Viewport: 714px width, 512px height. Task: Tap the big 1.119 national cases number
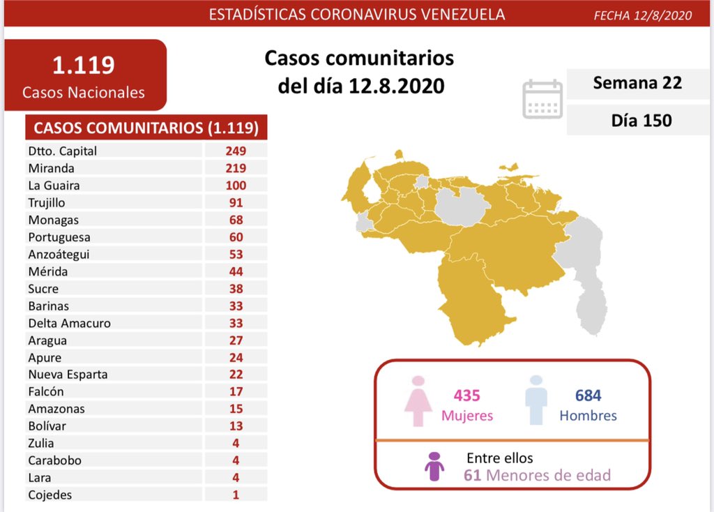tap(84, 65)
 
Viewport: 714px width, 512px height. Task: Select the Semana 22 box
tap(637, 83)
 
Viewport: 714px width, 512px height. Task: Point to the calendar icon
tap(542, 100)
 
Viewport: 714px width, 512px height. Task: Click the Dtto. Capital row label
tap(63, 151)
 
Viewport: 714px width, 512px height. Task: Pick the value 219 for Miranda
tap(236, 168)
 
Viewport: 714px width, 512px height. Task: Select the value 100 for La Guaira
tap(236, 186)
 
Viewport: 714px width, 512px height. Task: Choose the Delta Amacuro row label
tap(70, 323)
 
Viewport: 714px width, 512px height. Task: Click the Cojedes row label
tap(50, 495)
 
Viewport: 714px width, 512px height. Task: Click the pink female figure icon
tap(419, 401)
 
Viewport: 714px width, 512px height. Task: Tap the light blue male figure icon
tap(535, 401)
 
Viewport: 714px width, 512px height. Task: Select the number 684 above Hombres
tap(588, 396)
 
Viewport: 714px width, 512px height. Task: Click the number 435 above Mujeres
tap(466, 396)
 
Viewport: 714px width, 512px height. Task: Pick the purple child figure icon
tap(434, 467)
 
